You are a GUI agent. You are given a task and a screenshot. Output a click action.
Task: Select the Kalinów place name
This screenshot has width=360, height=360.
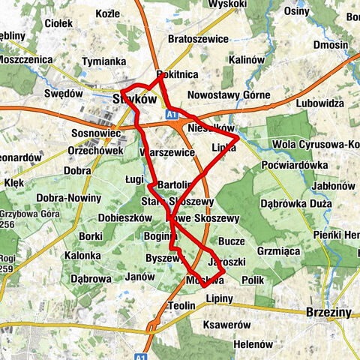tap(249, 59)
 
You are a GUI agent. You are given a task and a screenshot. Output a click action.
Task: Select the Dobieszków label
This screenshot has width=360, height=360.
tap(120, 218)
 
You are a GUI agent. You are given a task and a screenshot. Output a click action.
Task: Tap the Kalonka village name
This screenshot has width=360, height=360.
tap(82, 256)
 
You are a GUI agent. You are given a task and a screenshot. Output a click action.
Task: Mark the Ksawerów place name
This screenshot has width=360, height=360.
tap(226, 325)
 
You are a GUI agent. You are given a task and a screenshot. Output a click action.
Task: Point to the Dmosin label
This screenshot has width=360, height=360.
tap(331, 45)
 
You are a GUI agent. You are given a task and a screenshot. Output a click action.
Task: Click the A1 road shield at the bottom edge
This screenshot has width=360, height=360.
tap(141, 355)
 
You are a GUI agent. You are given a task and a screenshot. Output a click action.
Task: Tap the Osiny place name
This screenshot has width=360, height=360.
tap(297, 10)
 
